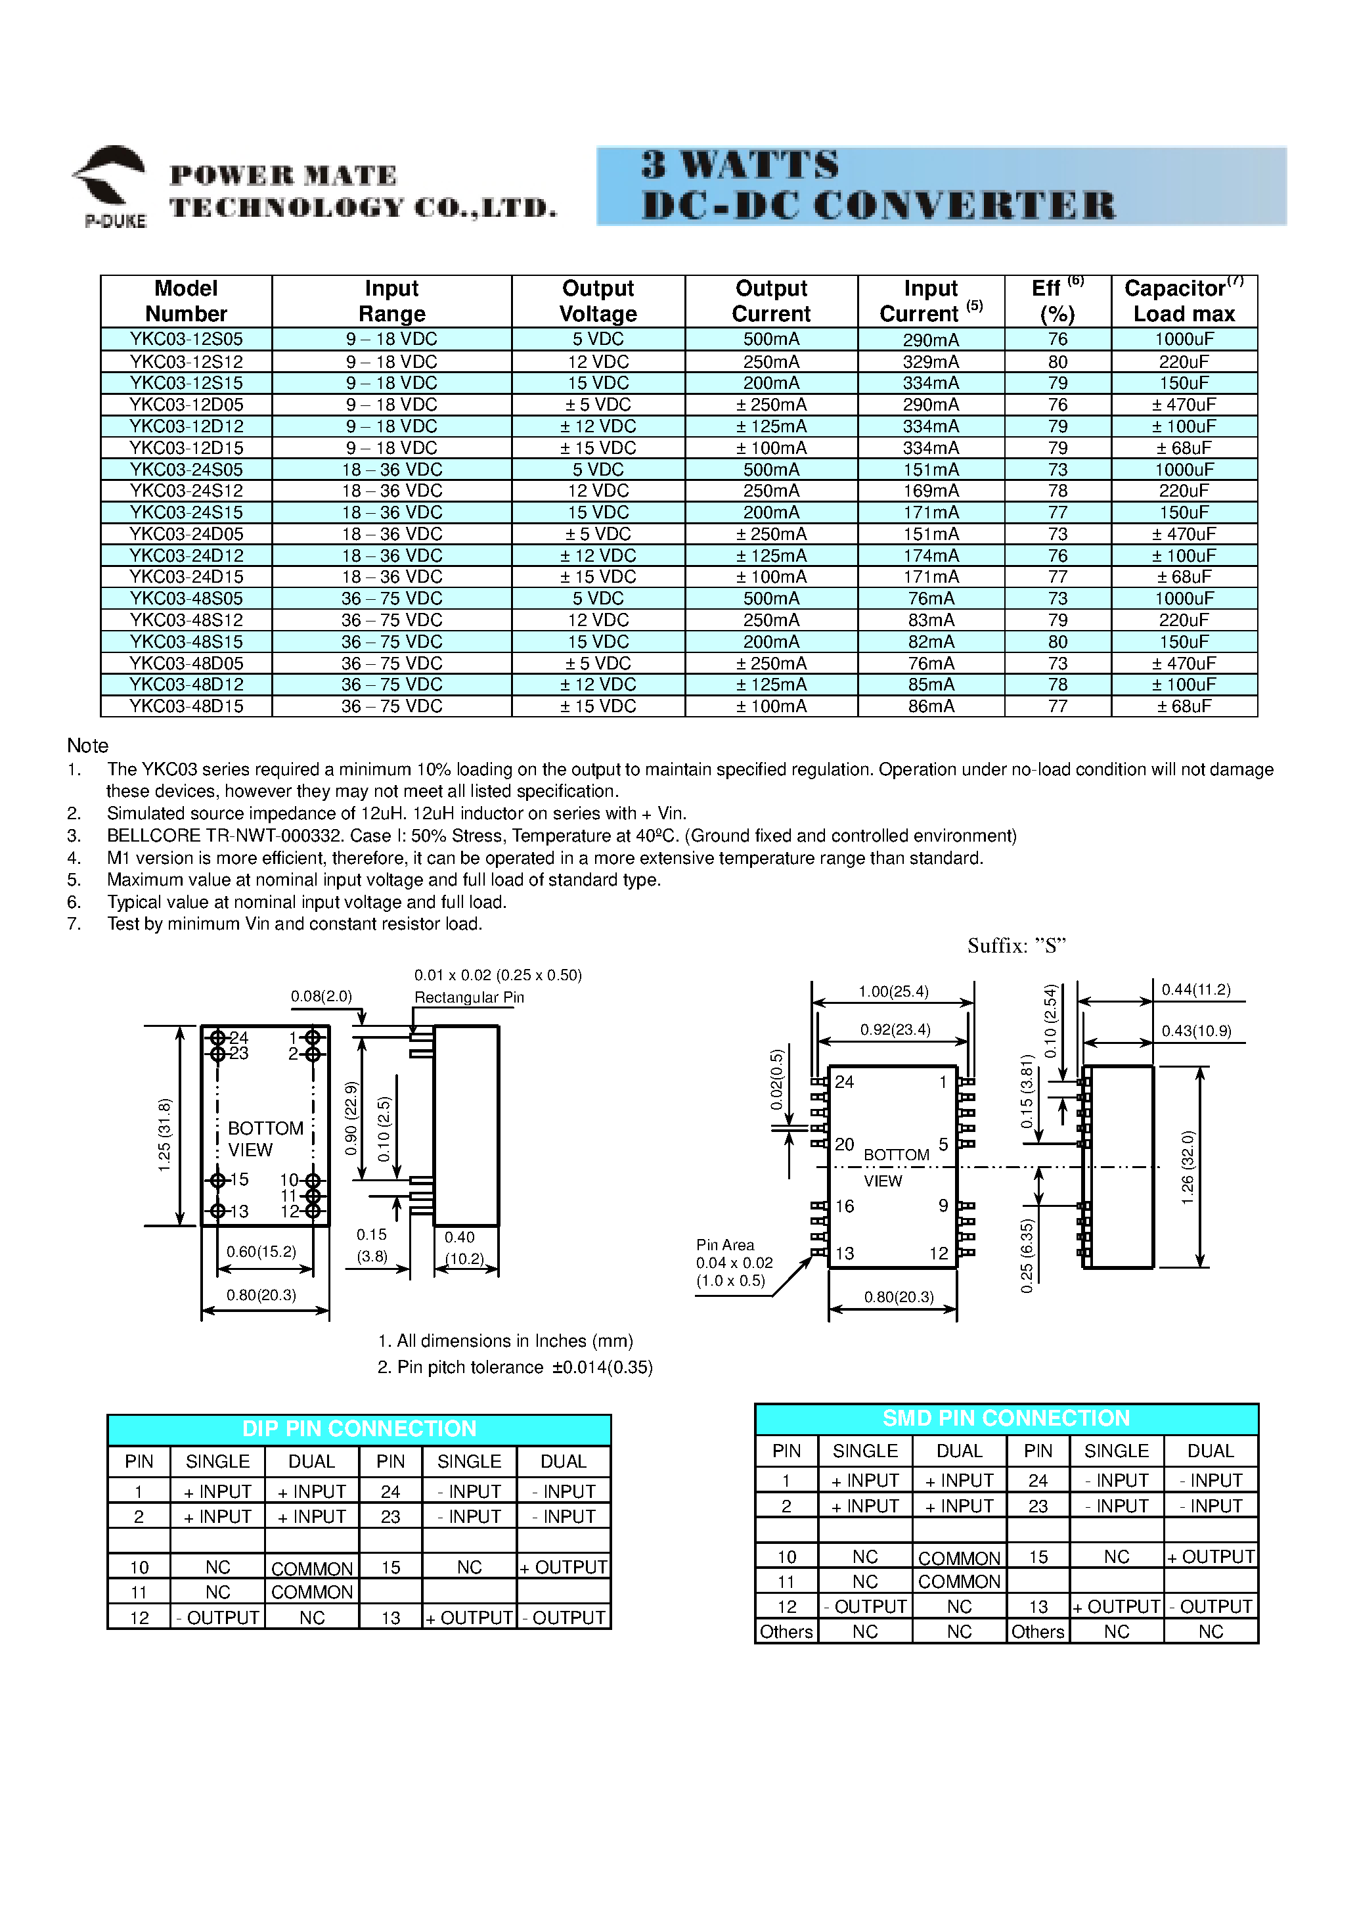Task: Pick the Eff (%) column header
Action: (1057, 301)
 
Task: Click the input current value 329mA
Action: (930, 362)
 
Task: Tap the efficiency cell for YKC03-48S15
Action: (1057, 642)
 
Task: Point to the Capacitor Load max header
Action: (1183, 301)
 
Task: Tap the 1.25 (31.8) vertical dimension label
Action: (165, 1135)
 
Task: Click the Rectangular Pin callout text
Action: (468, 997)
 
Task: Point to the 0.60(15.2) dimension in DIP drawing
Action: (261, 1252)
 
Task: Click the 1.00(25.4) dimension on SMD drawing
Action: (893, 991)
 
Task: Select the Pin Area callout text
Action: (724, 1245)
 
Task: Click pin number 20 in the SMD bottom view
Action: (844, 1144)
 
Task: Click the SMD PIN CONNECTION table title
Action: (1006, 1418)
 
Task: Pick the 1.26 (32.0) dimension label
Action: (1187, 1168)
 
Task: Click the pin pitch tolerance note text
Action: (514, 1367)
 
